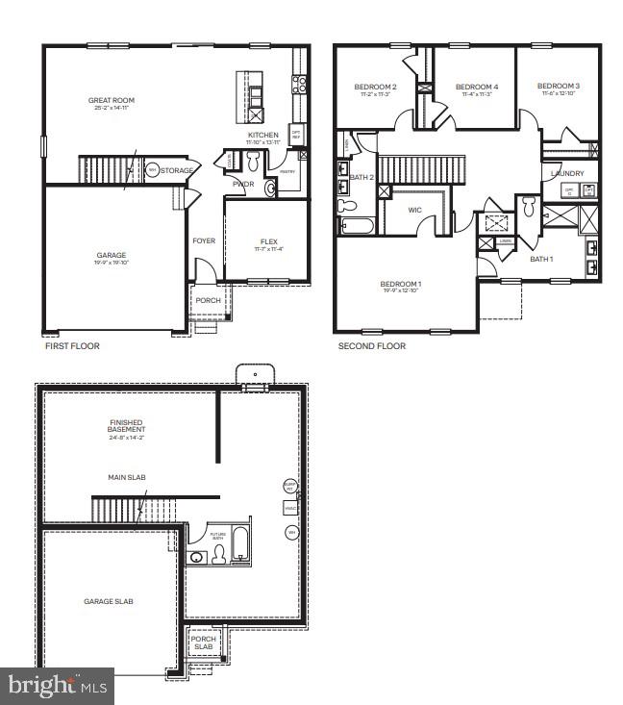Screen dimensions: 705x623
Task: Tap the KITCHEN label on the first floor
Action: (x=262, y=136)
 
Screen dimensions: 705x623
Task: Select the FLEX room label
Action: (x=268, y=241)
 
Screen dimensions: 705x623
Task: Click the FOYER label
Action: (x=204, y=241)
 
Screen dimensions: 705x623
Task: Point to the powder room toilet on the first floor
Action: (x=253, y=159)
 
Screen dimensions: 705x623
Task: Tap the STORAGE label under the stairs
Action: (x=177, y=170)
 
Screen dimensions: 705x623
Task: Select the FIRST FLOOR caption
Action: (x=72, y=345)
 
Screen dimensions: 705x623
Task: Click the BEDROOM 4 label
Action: (x=476, y=87)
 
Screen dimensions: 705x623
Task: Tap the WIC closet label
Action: (x=414, y=209)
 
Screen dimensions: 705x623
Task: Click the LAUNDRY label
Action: (x=567, y=173)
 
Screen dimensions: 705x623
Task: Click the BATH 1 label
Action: (x=542, y=259)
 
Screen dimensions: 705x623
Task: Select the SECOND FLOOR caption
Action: (x=371, y=345)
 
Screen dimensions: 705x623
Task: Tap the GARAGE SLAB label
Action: (x=108, y=601)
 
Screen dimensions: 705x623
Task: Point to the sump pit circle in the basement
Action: (x=289, y=486)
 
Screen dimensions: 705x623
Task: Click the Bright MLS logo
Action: (x=56, y=685)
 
